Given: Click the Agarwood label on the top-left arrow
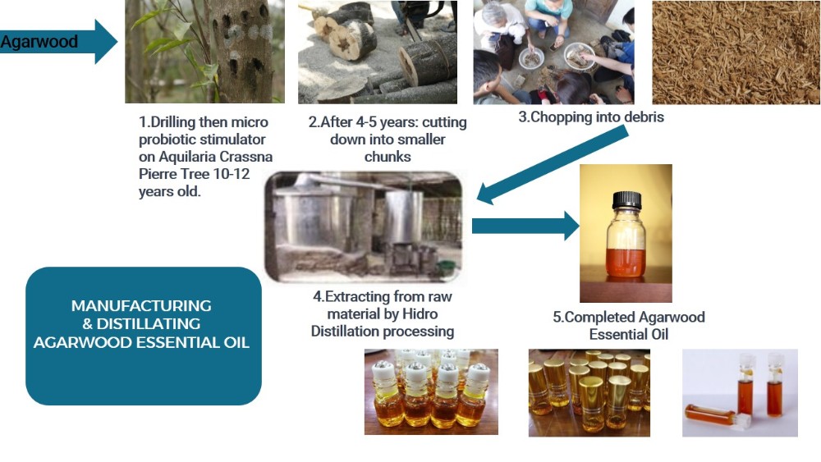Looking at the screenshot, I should point(39,42).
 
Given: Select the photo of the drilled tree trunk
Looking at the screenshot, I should point(204,51).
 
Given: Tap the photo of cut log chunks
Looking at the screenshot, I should point(377,51).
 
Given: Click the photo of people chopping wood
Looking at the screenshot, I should point(554,51).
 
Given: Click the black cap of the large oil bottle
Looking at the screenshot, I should point(626,199).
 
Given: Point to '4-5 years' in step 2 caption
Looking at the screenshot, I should point(370,123).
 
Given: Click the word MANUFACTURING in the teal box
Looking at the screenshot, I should point(141,305).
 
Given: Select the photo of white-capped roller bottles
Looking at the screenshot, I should point(431,391).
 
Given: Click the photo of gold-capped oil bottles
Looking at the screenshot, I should point(589,391).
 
